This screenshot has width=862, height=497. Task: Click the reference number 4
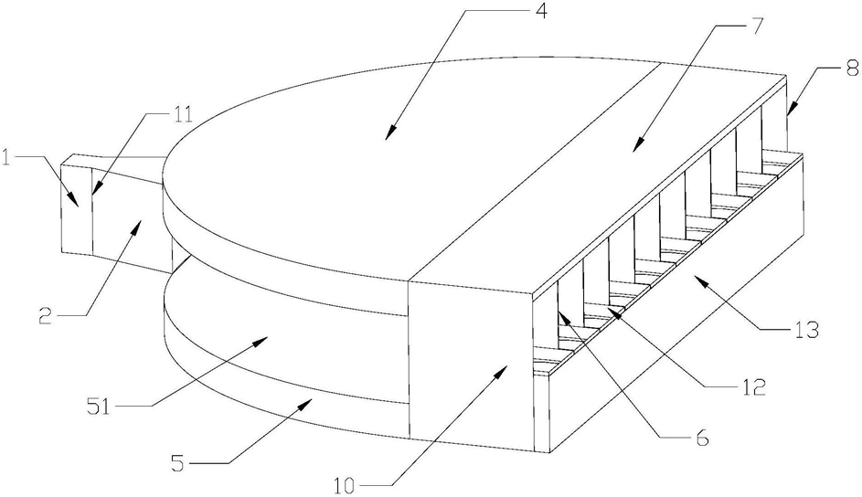pyautogui.click(x=541, y=12)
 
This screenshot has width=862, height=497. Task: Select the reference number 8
pyautogui.click(x=852, y=69)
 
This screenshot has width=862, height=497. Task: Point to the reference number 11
pyautogui.click(x=184, y=115)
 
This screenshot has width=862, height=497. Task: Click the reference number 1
pyautogui.click(x=7, y=159)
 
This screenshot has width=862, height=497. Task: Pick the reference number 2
pyautogui.click(x=47, y=316)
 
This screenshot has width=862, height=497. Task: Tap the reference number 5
pyautogui.click(x=177, y=465)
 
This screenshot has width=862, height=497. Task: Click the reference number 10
pyautogui.click(x=346, y=486)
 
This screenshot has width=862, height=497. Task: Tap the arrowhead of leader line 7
pyautogui.click(x=636, y=145)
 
